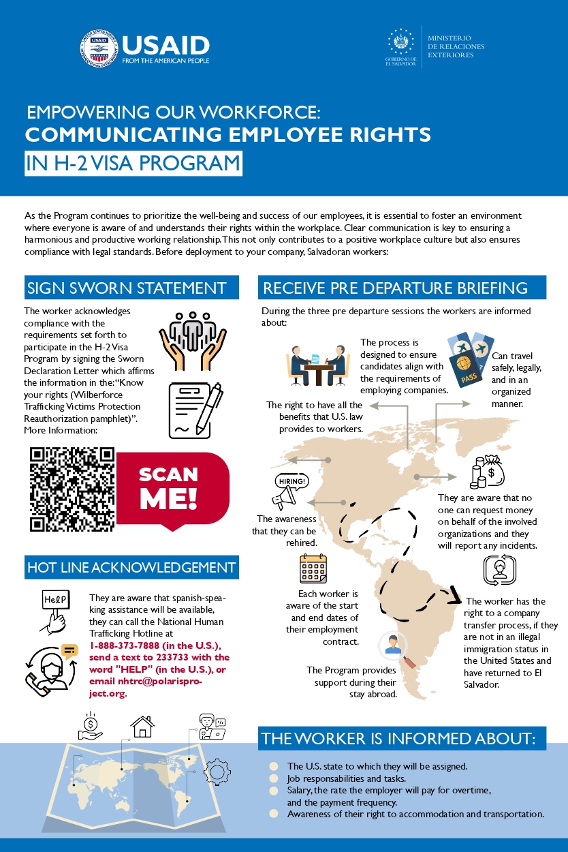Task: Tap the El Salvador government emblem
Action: [x=400, y=43]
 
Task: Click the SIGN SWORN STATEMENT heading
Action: [x=127, y=288]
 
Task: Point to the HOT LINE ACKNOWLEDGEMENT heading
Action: [x=131, y=567]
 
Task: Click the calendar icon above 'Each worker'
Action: [x=314, y=569]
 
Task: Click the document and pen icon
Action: [x=196, y=410]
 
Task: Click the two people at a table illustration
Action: [x=317, y=367]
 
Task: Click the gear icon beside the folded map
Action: [x=217, y=771]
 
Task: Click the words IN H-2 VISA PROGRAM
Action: [x=133, y=164]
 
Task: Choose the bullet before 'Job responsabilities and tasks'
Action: [x=274, y=778]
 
